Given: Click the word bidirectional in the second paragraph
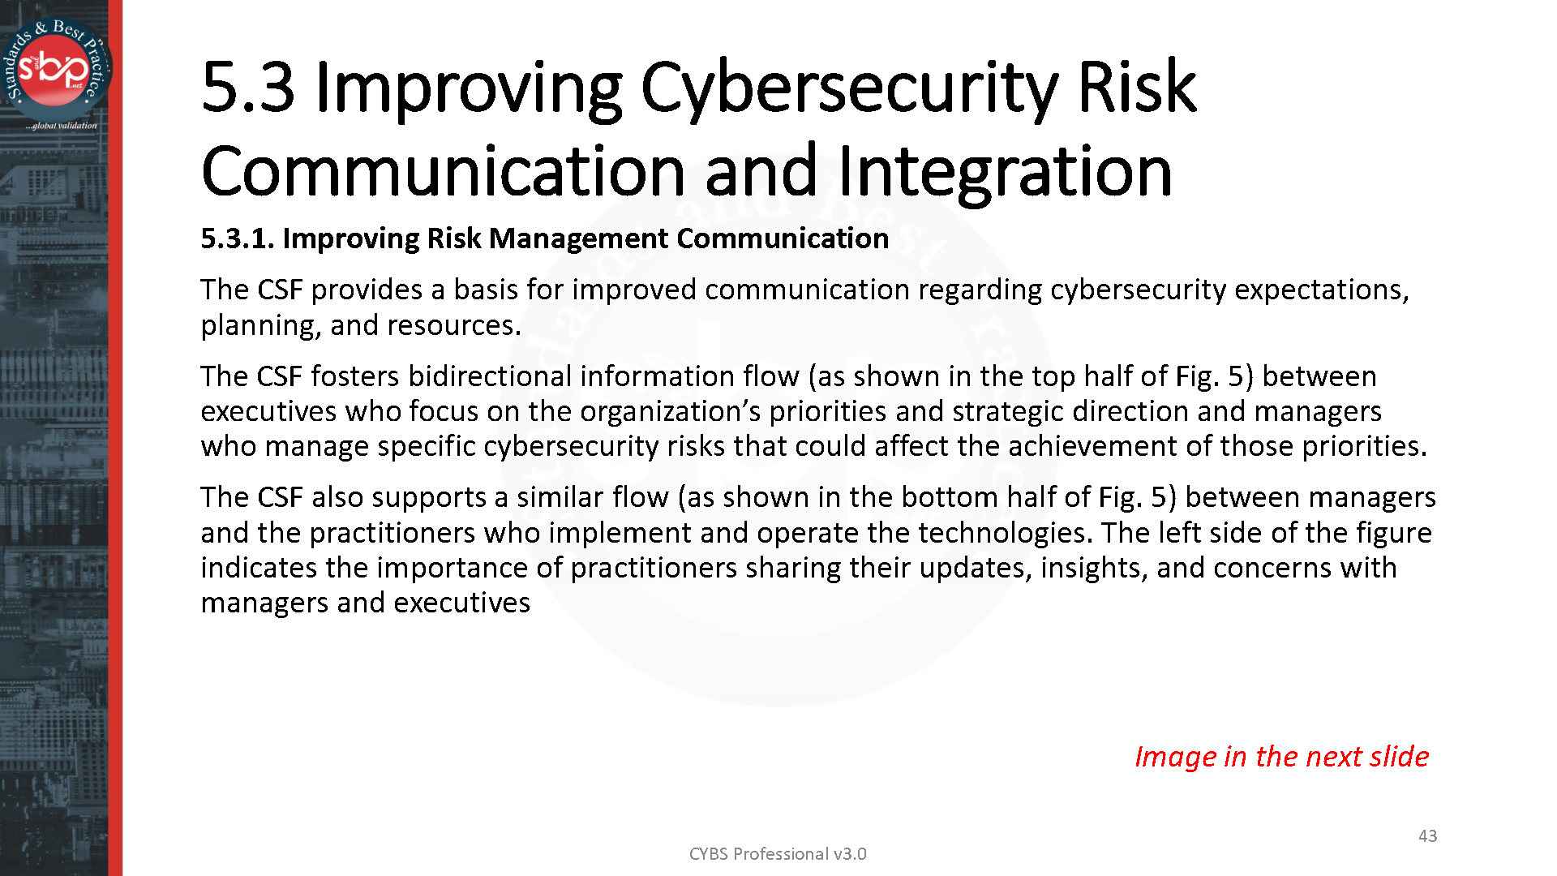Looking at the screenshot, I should (x=490, y=376).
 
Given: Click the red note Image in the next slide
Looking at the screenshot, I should (x=1280, y=756).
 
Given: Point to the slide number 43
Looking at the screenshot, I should (x=1427, y=835).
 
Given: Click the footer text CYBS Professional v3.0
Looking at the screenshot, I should (x=777, y=854).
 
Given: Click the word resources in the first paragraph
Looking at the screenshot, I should (x=453, y=325).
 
